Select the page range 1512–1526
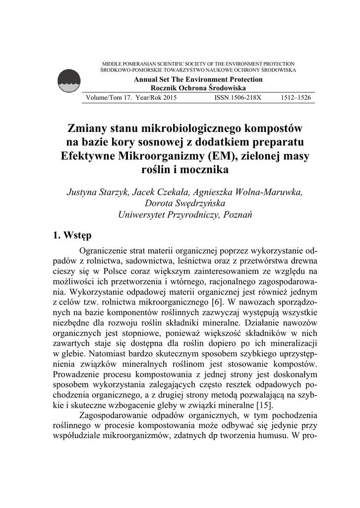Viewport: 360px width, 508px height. tap(296, 98)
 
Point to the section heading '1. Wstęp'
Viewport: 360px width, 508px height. tap(71, 235)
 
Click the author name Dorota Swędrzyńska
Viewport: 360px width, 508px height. tap(184, 203)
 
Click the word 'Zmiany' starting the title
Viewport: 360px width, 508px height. tap(88, 128)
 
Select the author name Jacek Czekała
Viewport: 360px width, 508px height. tap(156, 192)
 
